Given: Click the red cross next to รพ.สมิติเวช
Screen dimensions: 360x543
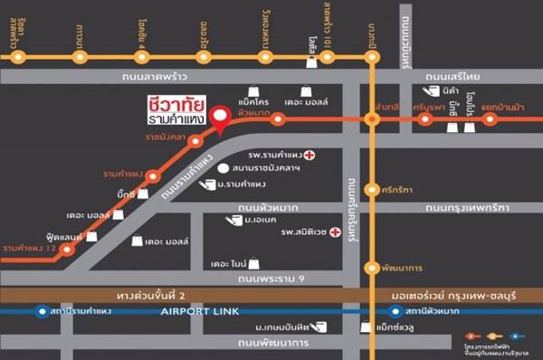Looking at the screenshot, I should pos(336,232).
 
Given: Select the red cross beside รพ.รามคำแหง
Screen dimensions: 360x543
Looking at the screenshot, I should pos(310,155).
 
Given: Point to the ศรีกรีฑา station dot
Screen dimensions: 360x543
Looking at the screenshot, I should pos(370,189).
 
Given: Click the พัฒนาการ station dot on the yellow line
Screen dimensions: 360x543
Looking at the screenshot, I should pos(370,267).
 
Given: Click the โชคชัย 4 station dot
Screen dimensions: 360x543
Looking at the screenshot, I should pos(141,57).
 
